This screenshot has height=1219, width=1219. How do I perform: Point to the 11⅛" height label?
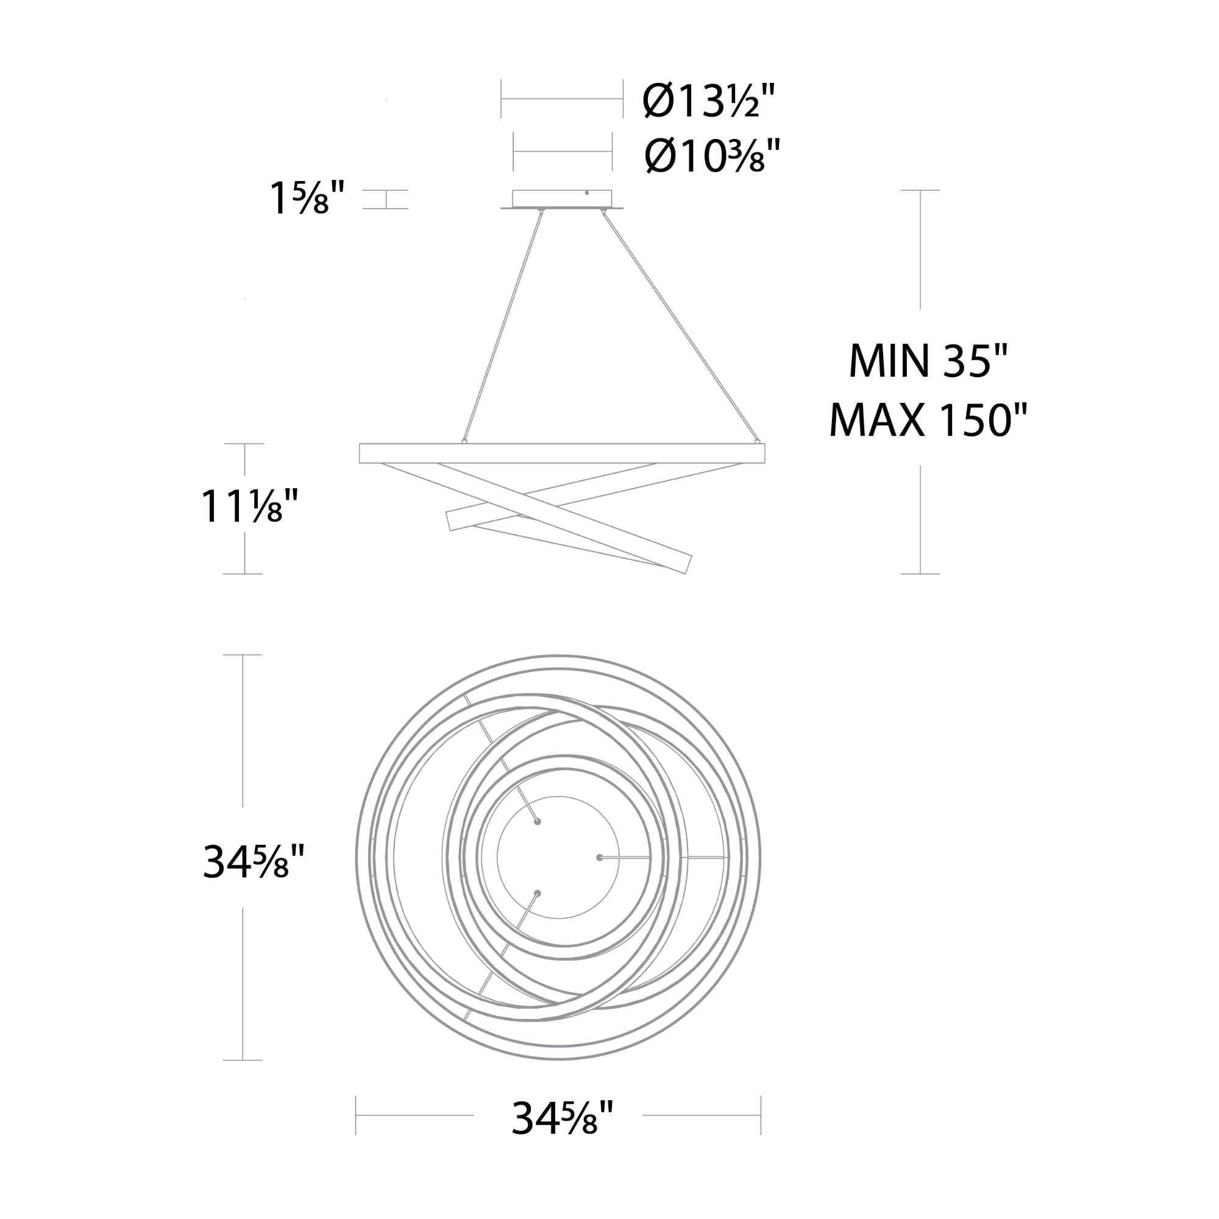click(249, 506)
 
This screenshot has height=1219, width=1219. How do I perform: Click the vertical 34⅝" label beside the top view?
click(254, 862)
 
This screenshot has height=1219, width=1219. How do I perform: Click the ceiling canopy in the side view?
click(561, 199)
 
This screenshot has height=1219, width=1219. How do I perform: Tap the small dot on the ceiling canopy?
click(587, 193)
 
